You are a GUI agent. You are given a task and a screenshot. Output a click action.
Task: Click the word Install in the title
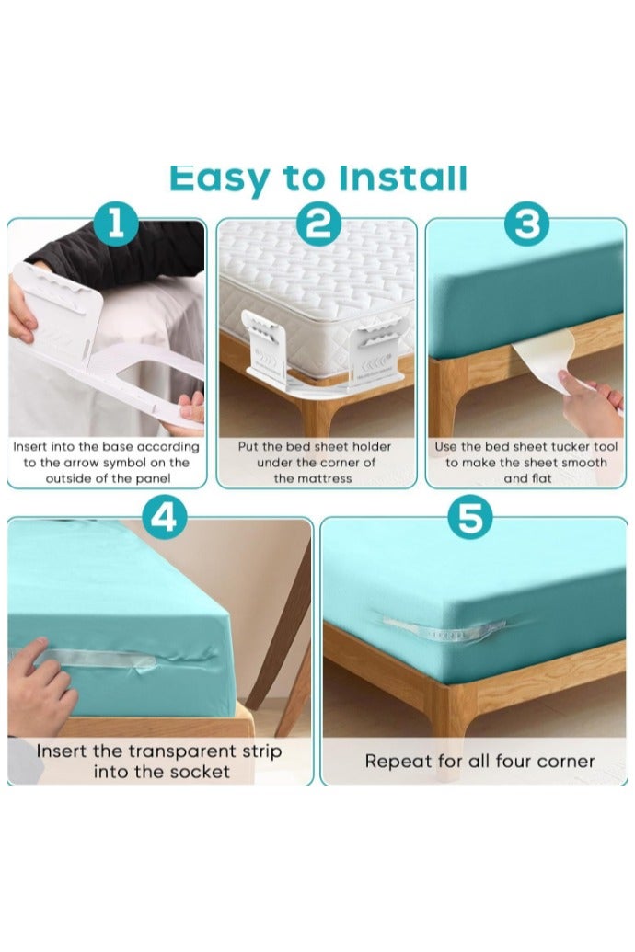pyautogui.click(x=403, y=178)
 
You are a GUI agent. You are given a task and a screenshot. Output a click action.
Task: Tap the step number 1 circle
pyautogui.click(x=115, y=224)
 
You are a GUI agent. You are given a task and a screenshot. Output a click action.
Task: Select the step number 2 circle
pyautogui.click(x=318, y=224)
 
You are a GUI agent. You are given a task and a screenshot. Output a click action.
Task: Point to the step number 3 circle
pyautogui.click(x=526, y=224)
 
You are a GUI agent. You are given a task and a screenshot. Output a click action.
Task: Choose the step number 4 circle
pyautogui.click(x=164, y=518)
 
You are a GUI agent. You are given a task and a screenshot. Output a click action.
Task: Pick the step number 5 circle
pyautogui.click(x=469, y=518)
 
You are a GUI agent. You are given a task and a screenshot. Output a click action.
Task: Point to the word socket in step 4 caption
pyautogui.click(x=200, y=772)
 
